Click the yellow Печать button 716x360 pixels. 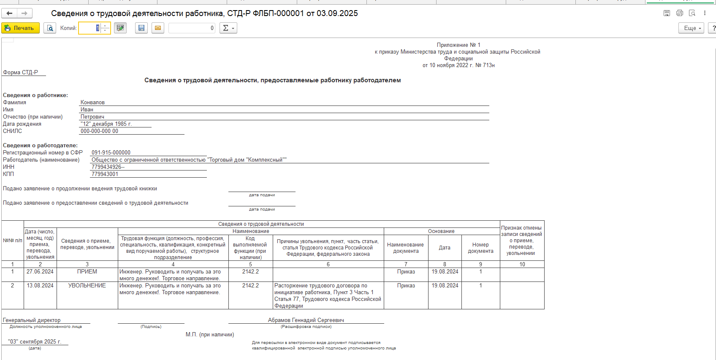[20, 28]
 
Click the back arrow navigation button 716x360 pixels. [9, 14]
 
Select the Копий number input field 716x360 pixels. [89, 28]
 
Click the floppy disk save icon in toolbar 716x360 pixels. [141, 28]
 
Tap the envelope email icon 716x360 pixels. [158, 28]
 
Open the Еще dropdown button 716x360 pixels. [691, 28]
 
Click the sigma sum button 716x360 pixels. [228, 28]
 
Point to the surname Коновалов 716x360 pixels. [92, 103]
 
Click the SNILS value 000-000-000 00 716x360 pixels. [99, 131]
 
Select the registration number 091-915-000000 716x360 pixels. [111, 153]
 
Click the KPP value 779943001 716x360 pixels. [105, 174]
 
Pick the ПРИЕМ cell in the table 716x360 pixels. [87, 272]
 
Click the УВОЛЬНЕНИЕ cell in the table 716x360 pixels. [87, 286]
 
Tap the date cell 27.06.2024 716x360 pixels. [40, 272]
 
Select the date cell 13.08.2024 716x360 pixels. [40, 286]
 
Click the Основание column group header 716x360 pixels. [441, 231]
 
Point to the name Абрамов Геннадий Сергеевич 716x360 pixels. [306, 320]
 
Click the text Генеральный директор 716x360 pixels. [32, 320]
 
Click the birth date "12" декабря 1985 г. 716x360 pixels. [106, 124]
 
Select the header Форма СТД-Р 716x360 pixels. [20, 73]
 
